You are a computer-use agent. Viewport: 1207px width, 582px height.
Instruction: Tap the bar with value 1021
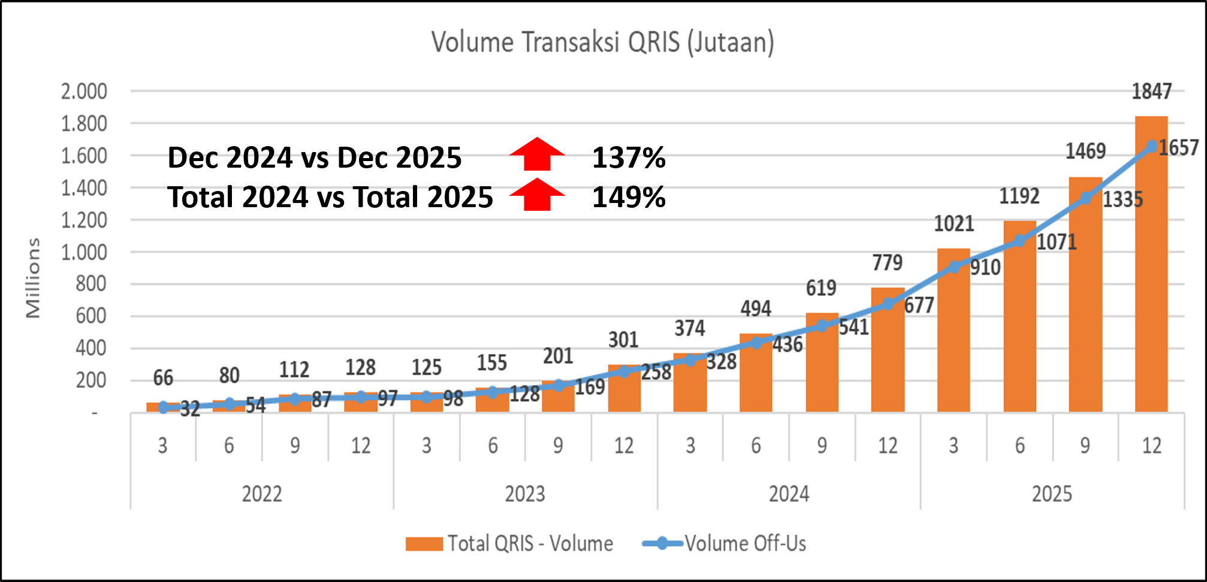coord(953,335)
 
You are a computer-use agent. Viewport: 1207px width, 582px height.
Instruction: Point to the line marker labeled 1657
coord(1152,146)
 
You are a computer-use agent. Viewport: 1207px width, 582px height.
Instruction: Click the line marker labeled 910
coord(954,267)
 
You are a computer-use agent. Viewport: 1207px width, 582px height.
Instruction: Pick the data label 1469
coord(1085,151)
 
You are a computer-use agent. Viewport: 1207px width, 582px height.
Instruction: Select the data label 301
coord(623,340)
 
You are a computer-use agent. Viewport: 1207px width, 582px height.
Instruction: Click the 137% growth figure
coord(629,158)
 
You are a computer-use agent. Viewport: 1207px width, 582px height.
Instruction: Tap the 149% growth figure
coord(629,197)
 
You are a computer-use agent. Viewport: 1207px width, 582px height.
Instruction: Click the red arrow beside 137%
coord(537,154)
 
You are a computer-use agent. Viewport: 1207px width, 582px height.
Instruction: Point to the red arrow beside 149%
coord(537,195)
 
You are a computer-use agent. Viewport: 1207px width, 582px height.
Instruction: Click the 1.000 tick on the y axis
coord(84,252)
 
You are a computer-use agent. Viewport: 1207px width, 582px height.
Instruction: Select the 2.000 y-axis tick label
coord(84,92)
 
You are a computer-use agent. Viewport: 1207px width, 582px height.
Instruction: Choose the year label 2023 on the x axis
coord(525,494)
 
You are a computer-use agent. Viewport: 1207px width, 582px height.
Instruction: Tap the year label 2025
coord(1052,494)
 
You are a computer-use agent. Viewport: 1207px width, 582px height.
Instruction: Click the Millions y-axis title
coord(33,278)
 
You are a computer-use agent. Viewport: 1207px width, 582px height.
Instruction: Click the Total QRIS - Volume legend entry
coord(509,544)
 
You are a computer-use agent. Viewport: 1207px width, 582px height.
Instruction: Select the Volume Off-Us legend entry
coord(725,544)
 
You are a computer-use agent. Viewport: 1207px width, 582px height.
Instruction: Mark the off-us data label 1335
coord(1122,199)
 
